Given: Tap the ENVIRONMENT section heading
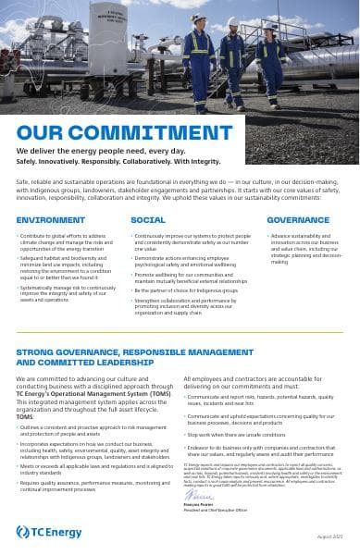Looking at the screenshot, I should click(x=51, y=220).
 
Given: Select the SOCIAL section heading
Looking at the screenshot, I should click(x=148, y=220).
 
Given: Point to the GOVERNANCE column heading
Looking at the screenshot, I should click(x=298, y=220).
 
